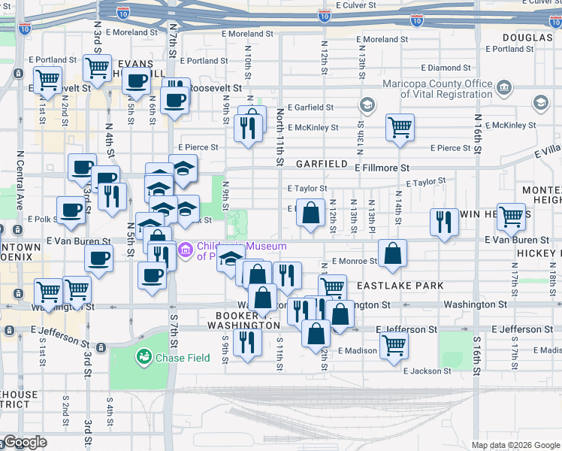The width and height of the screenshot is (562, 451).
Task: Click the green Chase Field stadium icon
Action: [x=142, y=356]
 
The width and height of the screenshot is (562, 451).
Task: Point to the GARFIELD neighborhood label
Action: [x=322, y=163]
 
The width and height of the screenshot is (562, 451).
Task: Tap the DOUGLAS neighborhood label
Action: [x=527, y=38]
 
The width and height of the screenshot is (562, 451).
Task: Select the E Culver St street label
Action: [x=361, y=5]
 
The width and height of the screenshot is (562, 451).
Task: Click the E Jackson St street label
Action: [x=428, y=371]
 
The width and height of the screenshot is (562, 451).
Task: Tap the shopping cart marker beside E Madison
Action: [x=394, y=346]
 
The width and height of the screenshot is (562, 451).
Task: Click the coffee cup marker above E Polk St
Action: [x=71, y=210]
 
